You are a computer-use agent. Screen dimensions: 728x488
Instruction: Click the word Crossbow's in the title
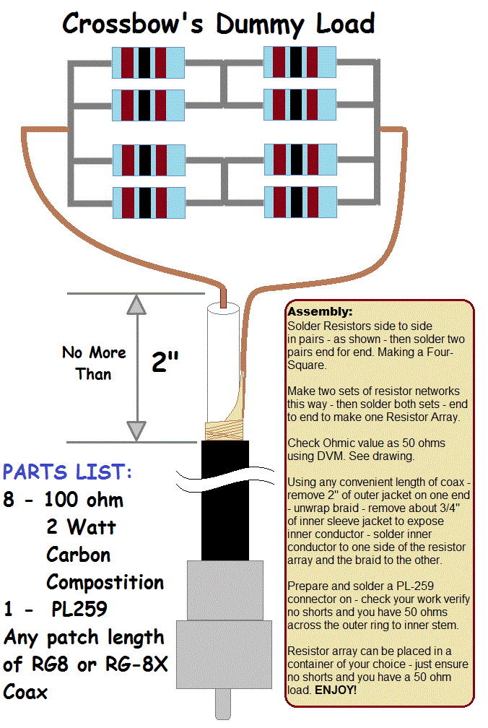click(x=134, y=24)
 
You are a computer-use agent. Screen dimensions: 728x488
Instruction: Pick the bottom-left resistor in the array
click(x=149, y=203)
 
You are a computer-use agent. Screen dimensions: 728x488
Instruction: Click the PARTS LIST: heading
click(x=67, y=472)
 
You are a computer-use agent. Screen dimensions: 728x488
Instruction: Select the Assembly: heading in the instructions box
click(x=320, y=312)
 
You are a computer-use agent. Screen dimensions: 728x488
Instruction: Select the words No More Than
click(x=94, y=363)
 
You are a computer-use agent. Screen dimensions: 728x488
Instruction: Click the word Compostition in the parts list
click(x=105, y=581)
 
